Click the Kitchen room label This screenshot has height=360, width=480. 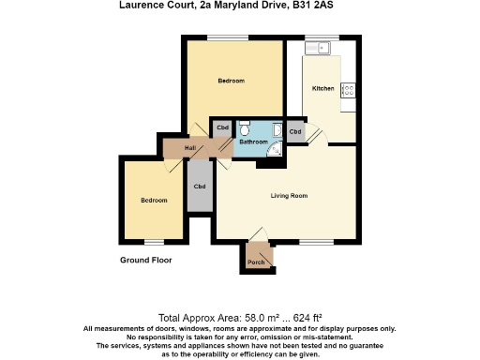[323, 88]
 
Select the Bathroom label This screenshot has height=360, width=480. [253, 142]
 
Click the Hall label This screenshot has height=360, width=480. [190, 148]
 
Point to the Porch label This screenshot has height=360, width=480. [255, 262]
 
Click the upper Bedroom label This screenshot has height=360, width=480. [232, 81]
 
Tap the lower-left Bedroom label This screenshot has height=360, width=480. [154, 201]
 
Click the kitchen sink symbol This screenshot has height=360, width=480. [324, 46]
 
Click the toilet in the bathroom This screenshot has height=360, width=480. [244, 127]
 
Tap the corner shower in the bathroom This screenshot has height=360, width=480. [276, 148]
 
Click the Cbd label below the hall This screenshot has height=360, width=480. [199, 187]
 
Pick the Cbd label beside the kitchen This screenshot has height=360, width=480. [295, 131]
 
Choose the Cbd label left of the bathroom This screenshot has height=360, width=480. [222, 127]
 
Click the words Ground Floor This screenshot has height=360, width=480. [146, 260]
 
